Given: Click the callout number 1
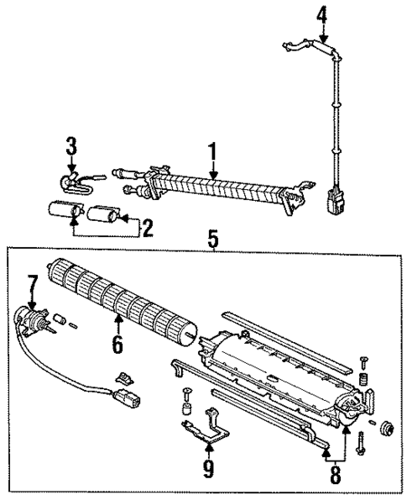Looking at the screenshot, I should [x=213, y=151].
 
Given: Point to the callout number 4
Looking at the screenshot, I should [x=322, y=13].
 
